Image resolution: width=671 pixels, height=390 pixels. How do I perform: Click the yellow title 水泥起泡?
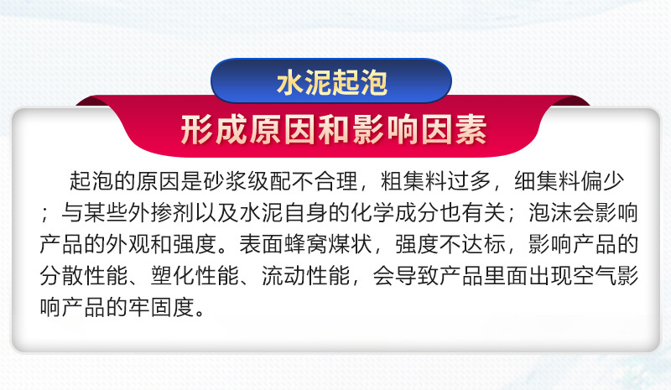[331, 83]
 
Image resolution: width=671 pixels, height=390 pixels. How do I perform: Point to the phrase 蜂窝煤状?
[328, 244]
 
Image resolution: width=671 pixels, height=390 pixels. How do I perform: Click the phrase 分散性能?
[84, 276]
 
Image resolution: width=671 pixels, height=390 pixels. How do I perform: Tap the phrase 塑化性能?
[195, 276]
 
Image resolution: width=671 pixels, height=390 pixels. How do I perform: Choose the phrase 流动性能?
[306, 276]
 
